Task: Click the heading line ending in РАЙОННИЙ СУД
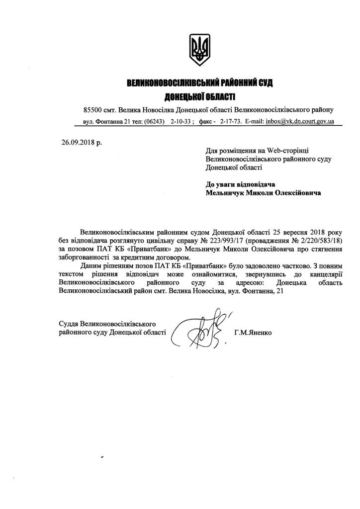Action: tap(200, 83)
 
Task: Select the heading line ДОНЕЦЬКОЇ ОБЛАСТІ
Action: tap(200, 96)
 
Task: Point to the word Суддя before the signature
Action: tap(69, 323)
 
